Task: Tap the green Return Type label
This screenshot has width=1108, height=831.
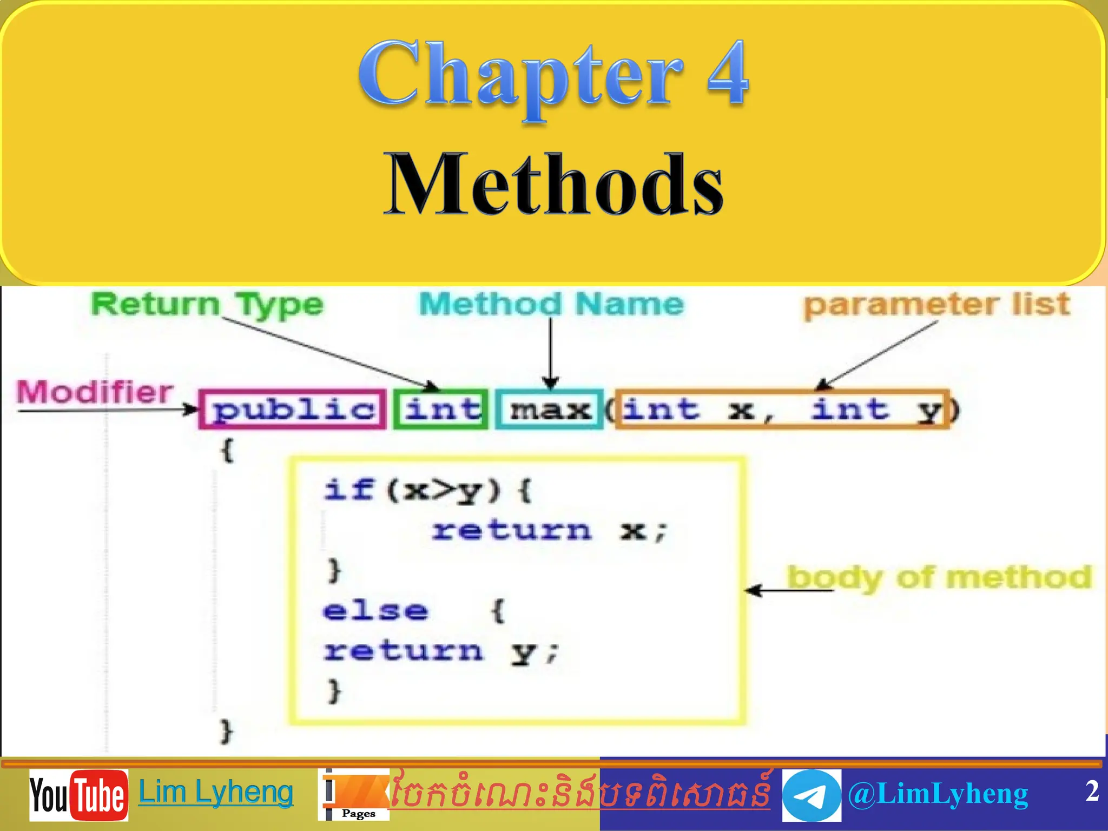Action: point(207,304)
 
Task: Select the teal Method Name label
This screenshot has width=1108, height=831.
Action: point(551,304)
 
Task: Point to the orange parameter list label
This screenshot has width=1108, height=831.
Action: point(936,305)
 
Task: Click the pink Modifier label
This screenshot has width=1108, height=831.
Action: point(95,392)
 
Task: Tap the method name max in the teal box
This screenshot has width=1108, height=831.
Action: point(550,410)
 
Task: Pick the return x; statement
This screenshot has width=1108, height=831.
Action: point(549,531)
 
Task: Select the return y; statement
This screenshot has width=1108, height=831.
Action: point(439,651)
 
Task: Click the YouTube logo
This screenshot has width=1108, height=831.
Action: point(79,795)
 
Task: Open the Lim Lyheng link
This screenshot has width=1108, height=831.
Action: point(216,793)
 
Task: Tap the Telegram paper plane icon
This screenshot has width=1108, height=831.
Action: point(812,795)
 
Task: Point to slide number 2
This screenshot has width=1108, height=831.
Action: point(1092,791)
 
